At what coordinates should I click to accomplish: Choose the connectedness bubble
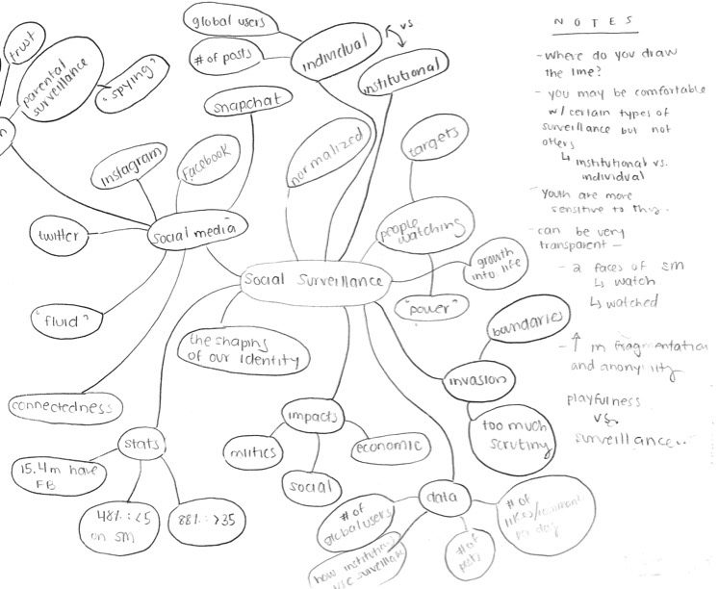coord(64,407)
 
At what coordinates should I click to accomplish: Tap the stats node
coord(144,444)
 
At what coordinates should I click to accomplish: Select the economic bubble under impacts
coord(388,447)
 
